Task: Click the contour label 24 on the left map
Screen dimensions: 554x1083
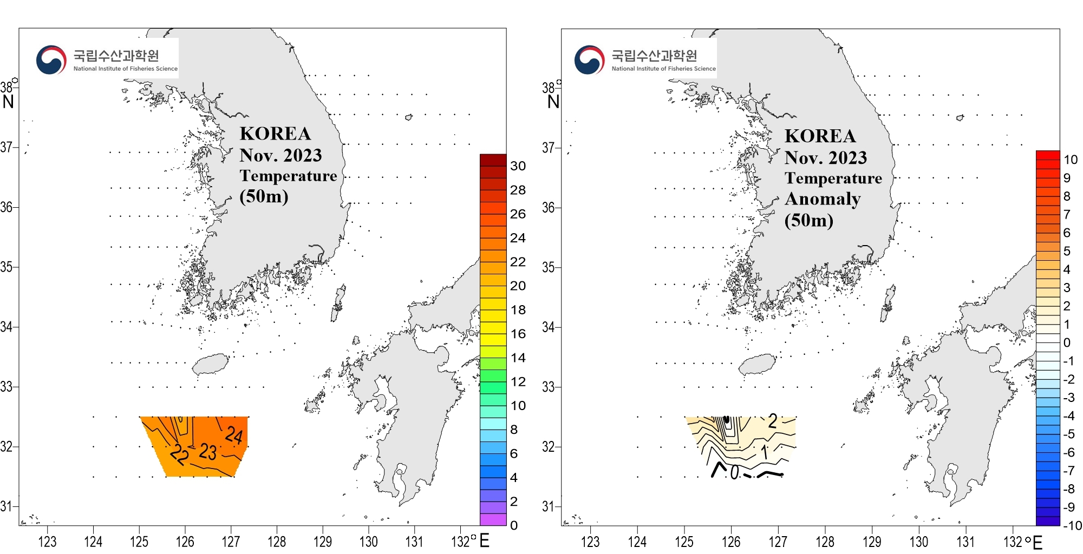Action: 234,435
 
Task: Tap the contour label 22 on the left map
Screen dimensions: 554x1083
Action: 179,454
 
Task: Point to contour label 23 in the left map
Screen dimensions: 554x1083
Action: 208,452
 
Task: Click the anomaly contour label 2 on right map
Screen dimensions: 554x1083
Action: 773,421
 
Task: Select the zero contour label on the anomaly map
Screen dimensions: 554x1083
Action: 734,473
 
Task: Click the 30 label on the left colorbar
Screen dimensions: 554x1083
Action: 518,166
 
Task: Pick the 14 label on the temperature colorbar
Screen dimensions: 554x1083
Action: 518,358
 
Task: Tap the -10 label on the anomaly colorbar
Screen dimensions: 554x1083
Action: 1072,525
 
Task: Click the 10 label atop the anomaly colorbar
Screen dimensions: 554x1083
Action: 1071,160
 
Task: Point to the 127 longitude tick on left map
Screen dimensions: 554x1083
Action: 231,542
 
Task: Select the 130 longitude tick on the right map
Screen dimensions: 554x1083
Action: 918,542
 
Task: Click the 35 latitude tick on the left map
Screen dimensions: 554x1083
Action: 6,267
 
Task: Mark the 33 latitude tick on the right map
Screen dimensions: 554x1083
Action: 549,387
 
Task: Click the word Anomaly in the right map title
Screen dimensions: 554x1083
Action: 823,199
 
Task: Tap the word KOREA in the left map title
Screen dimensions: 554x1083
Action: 275,134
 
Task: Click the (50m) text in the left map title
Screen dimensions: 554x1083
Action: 264,196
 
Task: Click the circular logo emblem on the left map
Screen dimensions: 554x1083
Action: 51,60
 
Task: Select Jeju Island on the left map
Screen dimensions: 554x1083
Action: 211,364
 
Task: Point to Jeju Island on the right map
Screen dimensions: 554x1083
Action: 757,364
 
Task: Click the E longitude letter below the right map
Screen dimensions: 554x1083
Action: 1037,542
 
